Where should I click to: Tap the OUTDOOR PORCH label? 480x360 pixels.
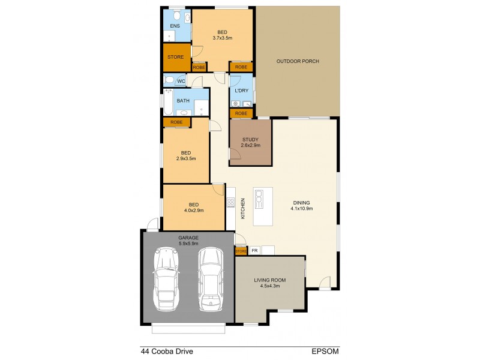pos(298,61)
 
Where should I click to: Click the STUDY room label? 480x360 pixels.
pos(250,140)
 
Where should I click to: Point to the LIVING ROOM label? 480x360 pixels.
pos(270,280)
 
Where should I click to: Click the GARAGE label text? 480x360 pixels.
pos(188,238)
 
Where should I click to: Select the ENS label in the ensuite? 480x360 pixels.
pos(175,26)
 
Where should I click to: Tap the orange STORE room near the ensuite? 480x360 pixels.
pos(175,57)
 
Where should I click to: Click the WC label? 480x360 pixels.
pos(181,80)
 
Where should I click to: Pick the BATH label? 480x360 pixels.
pos(183,100)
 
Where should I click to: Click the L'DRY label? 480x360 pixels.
pos(242,91)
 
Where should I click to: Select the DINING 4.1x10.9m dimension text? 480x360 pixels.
pos(302,209)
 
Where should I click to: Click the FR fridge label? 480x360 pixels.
pos(254,250)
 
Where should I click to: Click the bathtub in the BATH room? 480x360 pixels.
pos(169,103)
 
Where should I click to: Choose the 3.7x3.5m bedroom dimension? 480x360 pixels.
pos(222,38)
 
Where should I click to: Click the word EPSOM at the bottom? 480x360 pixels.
pos(325,352)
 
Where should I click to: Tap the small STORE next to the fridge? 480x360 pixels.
pos(241,250)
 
